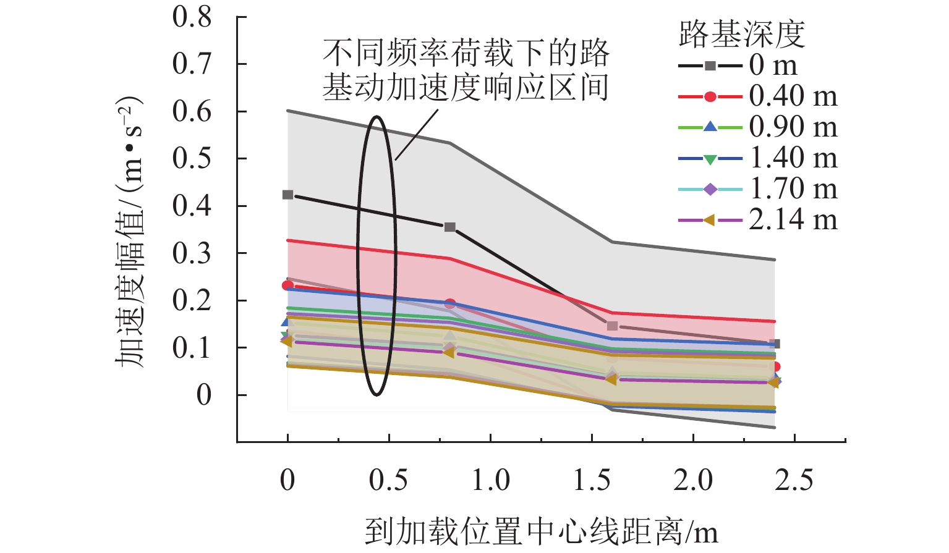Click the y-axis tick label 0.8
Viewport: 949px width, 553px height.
pyautogui.click(x=192, y=17)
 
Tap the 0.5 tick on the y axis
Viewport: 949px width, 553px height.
pyautogui.click(x=192, y=159)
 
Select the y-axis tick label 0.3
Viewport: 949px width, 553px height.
pyautogui.click(x=192, y=253)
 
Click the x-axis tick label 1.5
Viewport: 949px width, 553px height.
pyautogui.click(x=592, y=480)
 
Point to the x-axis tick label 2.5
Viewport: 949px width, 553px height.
pyautogui.click(x=794, y=480)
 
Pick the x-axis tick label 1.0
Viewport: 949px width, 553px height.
pyautogui.click(x=490, y=480)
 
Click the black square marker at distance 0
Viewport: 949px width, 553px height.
pyautogui.click(x=287, y=195)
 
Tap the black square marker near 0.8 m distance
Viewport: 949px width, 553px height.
pyautogui.click(x=450, y=227)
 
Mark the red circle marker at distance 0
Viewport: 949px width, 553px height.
pyautogui.click(x=287, y=285)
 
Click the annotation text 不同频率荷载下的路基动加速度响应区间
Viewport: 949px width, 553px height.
pyautogui.click(x=466, y=70)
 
